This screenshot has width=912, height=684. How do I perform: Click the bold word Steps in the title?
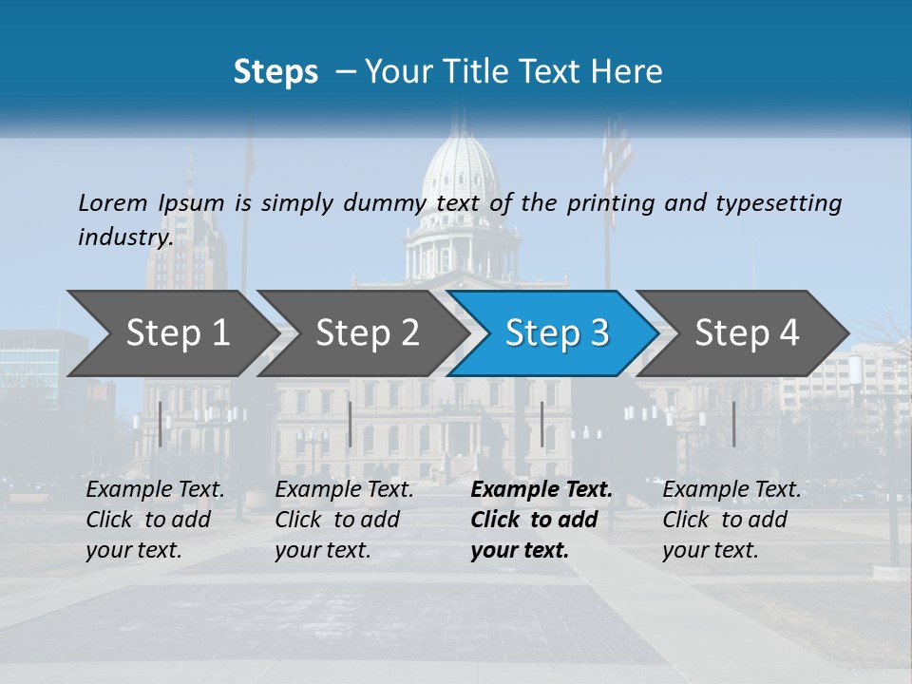tap(275, 72)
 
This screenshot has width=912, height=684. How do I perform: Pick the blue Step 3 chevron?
tap(556, 333)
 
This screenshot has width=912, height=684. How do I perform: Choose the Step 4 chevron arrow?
tap(746, 333)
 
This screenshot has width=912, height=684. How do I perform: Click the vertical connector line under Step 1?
tap(160, 424)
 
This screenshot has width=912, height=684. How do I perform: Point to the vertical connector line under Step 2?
tap(351, 424)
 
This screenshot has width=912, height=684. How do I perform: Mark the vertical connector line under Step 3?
tap(541, 424)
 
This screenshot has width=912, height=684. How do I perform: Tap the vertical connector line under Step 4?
tap(733, 424)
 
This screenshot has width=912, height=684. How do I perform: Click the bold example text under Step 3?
tap(541, 520)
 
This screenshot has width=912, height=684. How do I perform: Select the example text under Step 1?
tap(155, 520)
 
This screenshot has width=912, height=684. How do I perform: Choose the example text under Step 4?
tap(731, 520)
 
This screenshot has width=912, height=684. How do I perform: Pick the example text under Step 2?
tap(344, 520)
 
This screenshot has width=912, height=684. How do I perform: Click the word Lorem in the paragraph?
tap(113, 203)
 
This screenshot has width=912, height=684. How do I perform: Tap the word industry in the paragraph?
tap(124, 237)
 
